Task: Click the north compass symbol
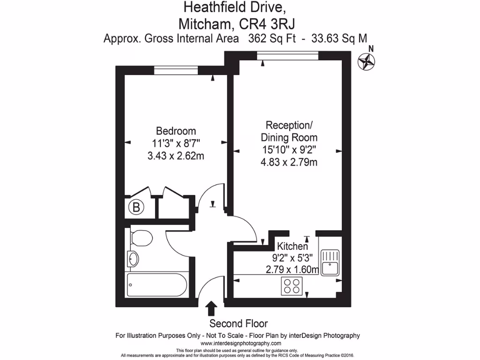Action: (x=367, y=61)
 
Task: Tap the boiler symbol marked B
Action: (x=136, y=207)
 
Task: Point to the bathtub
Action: (x=157, y=285)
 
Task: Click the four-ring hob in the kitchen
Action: (x=292, y=286)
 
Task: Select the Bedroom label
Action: (x=176, y=131)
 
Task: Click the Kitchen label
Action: (x=292, y=246)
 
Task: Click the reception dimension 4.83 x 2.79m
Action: (x=289, y=163)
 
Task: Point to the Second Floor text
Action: (x=238, y=323)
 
